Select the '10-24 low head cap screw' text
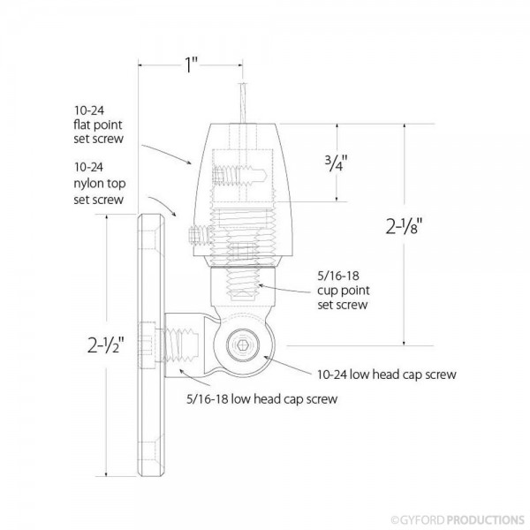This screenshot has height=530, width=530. [x=388, y=375]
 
